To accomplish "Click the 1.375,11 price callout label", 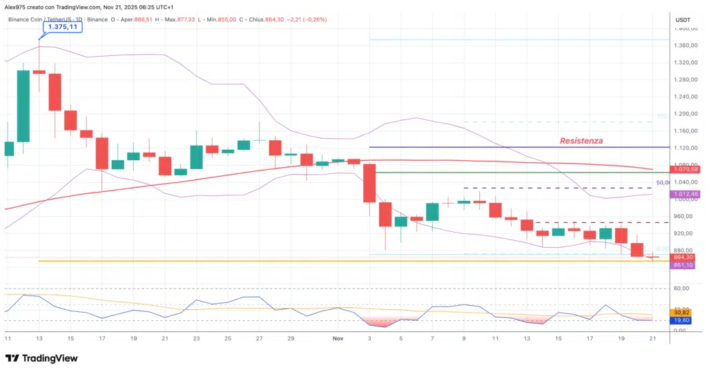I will click(x=62, y=27).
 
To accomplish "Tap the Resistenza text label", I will click(x=581, y=141).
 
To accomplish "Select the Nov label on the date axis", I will click(x=338, y=339).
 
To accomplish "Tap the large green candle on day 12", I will click(x=23, y=106).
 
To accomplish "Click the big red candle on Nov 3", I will click(x=369, y=183).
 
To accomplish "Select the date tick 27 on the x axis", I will click(x=260, y=339).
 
